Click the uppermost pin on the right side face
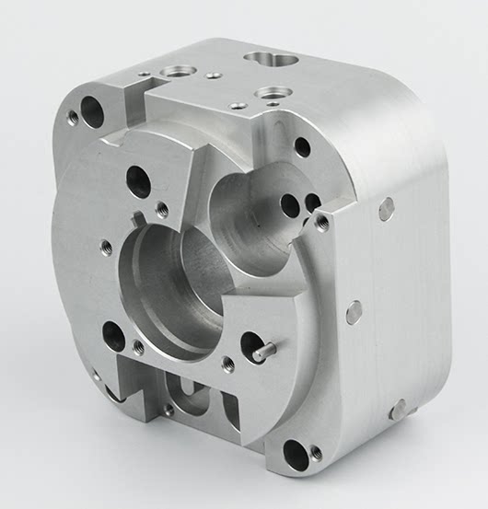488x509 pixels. (387, 209)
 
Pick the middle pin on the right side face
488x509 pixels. (354, 313)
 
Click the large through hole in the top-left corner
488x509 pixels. (92, 111)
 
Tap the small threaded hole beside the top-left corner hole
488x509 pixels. (74, 118)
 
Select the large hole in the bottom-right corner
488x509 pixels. (295, 452)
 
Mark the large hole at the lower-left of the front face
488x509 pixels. (113, 336)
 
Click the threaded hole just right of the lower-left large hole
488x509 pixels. (139, 348)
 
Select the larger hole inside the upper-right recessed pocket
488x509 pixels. (291, 204)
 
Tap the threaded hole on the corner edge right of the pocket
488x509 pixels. (322, 221)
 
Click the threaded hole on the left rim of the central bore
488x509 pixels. (106, 247)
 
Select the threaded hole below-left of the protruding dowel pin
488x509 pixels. (228, 364)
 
